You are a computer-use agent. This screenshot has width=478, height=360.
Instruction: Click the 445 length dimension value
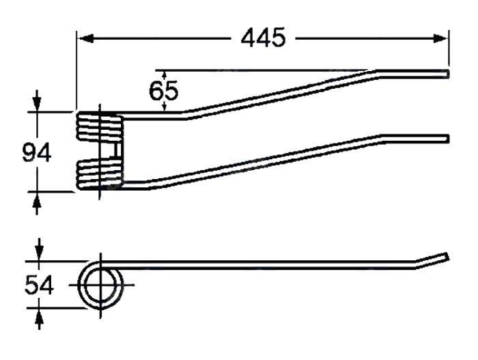[x=262, y=38]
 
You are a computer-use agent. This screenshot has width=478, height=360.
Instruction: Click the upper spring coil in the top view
[x=98, y=126]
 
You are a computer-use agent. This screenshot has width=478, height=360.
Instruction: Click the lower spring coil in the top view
[x=98, y=175]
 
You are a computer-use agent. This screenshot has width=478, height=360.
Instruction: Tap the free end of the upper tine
[x=447, y=73]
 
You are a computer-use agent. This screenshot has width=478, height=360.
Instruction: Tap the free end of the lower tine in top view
[x=447, y=139]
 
